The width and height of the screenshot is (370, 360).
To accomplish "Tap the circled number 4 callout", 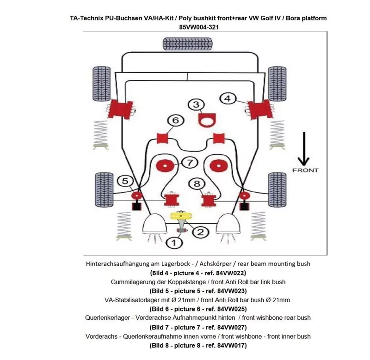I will pos(227,98).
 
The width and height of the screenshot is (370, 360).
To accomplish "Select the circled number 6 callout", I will pos(175,121).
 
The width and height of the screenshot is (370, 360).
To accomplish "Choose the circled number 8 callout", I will pos(197,183).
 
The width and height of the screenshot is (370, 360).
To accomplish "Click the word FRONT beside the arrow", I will pos(305,170).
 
